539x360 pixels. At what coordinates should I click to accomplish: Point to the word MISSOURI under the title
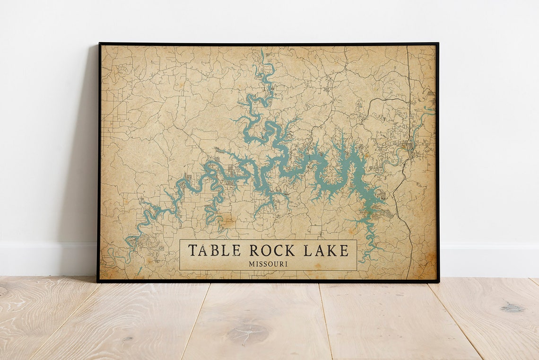pos(268,264)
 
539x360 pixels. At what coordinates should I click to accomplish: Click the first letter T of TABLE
pos(193,250)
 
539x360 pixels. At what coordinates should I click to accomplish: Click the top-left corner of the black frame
pos(99,44)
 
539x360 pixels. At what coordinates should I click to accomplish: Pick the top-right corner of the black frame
pos(438,44)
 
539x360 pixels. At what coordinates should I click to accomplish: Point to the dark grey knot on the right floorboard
pos(513,308)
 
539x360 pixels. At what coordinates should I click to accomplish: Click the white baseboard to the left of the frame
pos(47,259)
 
